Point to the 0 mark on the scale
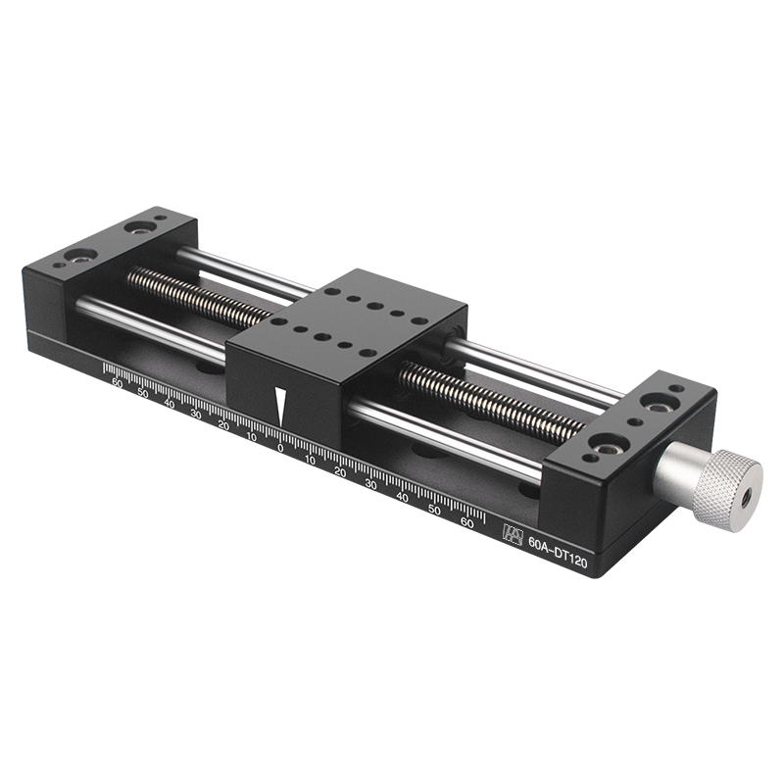tap(280, 448)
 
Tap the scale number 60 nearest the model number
tap(466, 522)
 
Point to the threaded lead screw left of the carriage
tap(196, 293)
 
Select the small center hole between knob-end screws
tap(636, 423)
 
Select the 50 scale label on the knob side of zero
tap(435, 510)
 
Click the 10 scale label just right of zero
tap(310, 460)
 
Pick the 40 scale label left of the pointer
tap(170, 404)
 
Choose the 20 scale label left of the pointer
tap(223, 425)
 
